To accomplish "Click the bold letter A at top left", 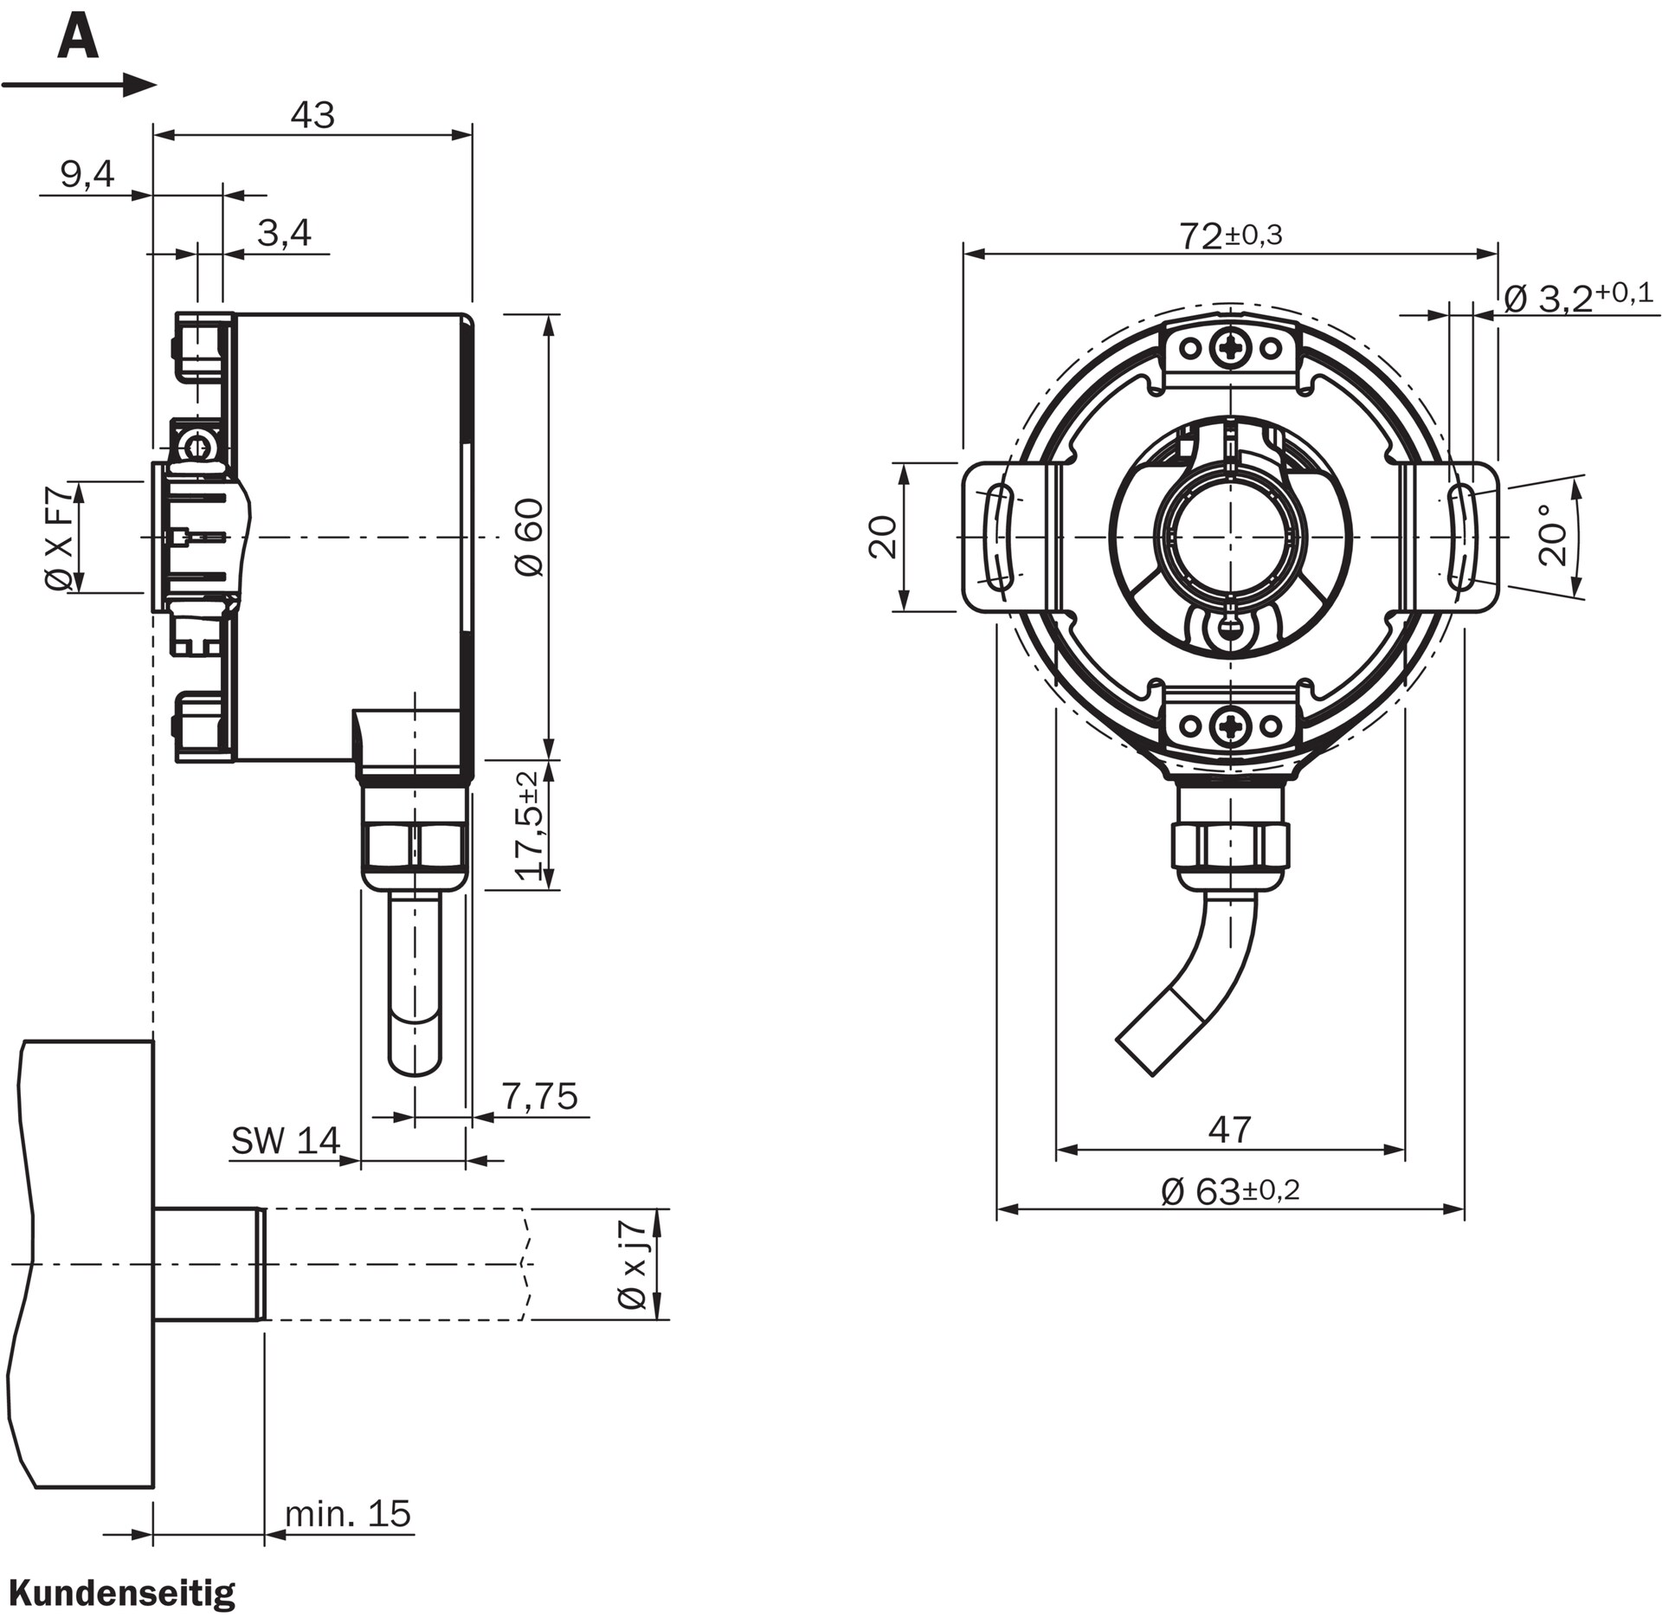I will coord(78,40).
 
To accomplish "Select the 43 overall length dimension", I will coord(312,115).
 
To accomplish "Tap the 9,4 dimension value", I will coord(87,175).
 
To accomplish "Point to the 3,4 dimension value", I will coord(284,233).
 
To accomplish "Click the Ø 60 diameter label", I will coord(530,537).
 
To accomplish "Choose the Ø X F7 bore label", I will coord(59,538).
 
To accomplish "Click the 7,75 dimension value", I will coord(539,1097).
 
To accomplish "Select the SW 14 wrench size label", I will coord(286,1141).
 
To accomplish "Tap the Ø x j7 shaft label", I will coord(633,1263).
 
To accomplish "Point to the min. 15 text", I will coord(348,1513).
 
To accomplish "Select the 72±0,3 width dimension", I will coord(1230,235).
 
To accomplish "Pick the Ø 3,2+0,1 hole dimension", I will coord(1578,298).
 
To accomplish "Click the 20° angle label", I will coord(1554,537).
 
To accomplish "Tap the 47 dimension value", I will coord(1229,1129).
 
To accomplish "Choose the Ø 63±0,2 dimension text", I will coord(1230,1191).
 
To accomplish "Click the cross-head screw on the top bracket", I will coord(1230,348).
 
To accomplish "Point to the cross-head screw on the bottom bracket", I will coord(1230,725).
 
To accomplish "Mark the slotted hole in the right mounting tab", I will coord(1462,537).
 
